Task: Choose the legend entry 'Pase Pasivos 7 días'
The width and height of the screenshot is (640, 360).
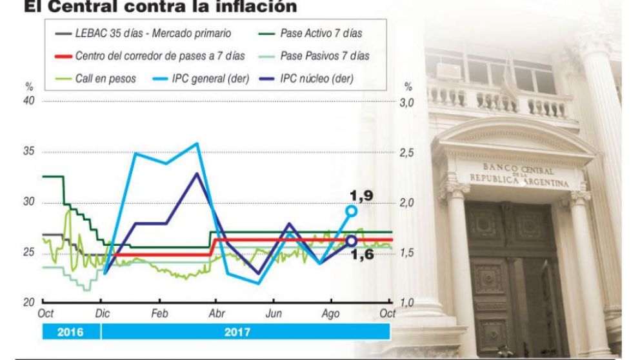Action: click(x=325, y=56)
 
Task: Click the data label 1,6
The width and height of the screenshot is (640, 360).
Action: click(x=362, y=254)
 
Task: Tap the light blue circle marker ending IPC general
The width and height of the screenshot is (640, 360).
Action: click(x=352, y=210)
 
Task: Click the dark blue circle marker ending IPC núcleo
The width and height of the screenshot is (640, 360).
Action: click(x=352, y=241)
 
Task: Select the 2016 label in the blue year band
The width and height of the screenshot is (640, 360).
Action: click(x=71, y=333)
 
